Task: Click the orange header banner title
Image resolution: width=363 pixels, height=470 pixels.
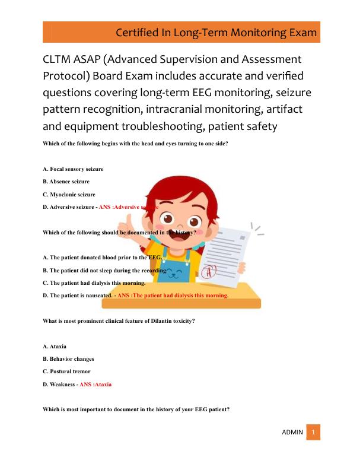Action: [216, 31]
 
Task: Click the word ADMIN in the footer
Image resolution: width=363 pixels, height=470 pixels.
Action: [292, 433]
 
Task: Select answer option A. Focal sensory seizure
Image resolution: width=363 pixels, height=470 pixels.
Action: [74, 169]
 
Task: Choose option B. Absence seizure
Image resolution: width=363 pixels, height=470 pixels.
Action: [66, 182]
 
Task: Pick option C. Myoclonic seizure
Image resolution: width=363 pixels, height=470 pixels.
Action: [69, 194]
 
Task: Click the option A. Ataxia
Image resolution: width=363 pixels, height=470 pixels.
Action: [55, 346]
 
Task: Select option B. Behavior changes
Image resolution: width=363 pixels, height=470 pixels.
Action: [69, 359]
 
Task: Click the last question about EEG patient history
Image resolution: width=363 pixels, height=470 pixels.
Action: [136, 409]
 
